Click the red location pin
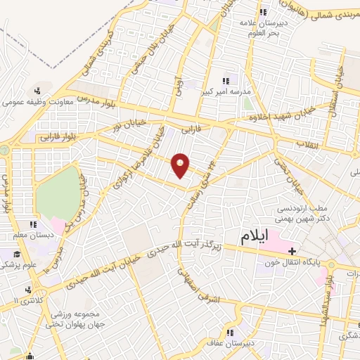181,165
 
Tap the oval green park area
58,191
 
